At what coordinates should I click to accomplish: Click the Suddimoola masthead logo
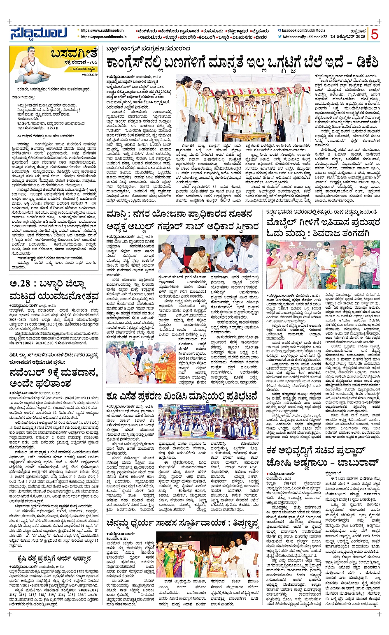coord(39,33)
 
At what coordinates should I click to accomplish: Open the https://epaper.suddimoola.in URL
coord(103,37)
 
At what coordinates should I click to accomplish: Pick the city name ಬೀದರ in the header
coord(261,37)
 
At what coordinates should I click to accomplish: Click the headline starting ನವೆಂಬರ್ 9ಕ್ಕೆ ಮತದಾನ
coord(54,374)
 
